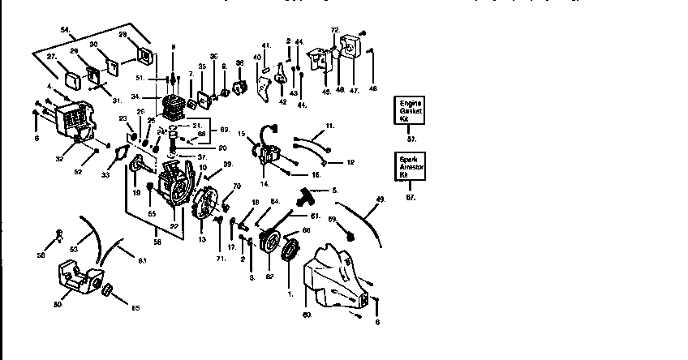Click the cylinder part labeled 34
pyautogui.click(x=172, y=109)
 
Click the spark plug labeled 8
pyautogui.click(x=173, y=79)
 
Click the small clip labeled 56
pyautogui.click(x=58, y=236)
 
